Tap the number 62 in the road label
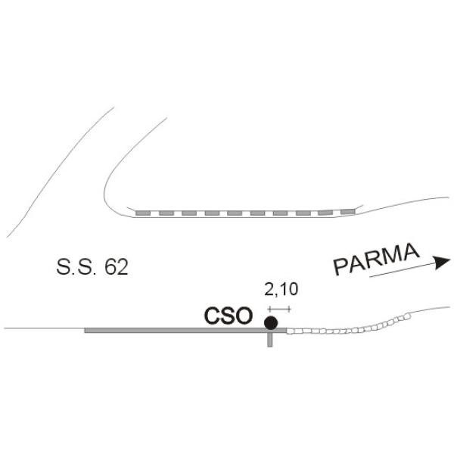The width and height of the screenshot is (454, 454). pos(117,266)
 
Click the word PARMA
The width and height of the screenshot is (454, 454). pos(376,259)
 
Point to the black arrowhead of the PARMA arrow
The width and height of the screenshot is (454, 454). pos(441,262)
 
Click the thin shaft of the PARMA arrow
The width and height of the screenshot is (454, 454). pos(403,270)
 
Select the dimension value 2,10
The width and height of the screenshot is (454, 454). pos(281,289)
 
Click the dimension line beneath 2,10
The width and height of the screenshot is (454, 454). pos(279,309)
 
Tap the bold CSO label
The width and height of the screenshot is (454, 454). pos(229,316)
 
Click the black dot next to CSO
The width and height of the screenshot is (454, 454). pos(271,322)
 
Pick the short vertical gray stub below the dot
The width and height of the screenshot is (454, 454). pos(270,339)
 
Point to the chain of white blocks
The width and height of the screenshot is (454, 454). pos(347,327)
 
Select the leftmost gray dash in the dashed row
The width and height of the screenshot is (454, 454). pos(143,213)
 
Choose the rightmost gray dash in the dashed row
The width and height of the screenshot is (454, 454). pos(348,212)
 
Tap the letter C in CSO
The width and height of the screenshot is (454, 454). pos(212,316)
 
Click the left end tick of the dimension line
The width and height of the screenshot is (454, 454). pos(269,309)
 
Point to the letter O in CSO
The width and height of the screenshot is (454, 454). pos(244,316)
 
